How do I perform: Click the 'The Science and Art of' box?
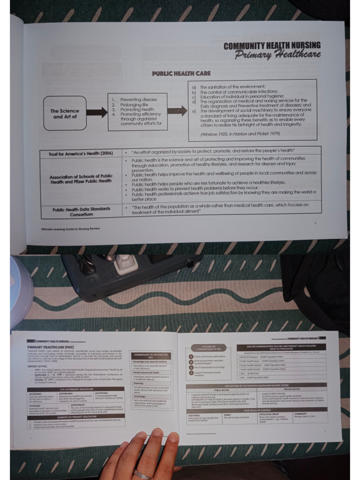[65, 113]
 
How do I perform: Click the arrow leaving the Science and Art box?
[97, 112]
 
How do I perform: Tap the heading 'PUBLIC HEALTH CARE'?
[181, 74]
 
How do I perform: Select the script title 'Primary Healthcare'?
[277, 54]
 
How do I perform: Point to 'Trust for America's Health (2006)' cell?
[81, 154]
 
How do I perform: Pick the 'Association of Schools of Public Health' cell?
[81, 179]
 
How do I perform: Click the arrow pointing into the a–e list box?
[177, 112]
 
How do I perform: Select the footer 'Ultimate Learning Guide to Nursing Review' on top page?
[70, 229]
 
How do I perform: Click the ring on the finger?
[142, 474]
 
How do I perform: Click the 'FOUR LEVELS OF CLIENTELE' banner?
[256, 410]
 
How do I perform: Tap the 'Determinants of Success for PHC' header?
[151, 356]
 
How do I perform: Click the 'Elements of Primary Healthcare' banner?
[76, 416]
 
